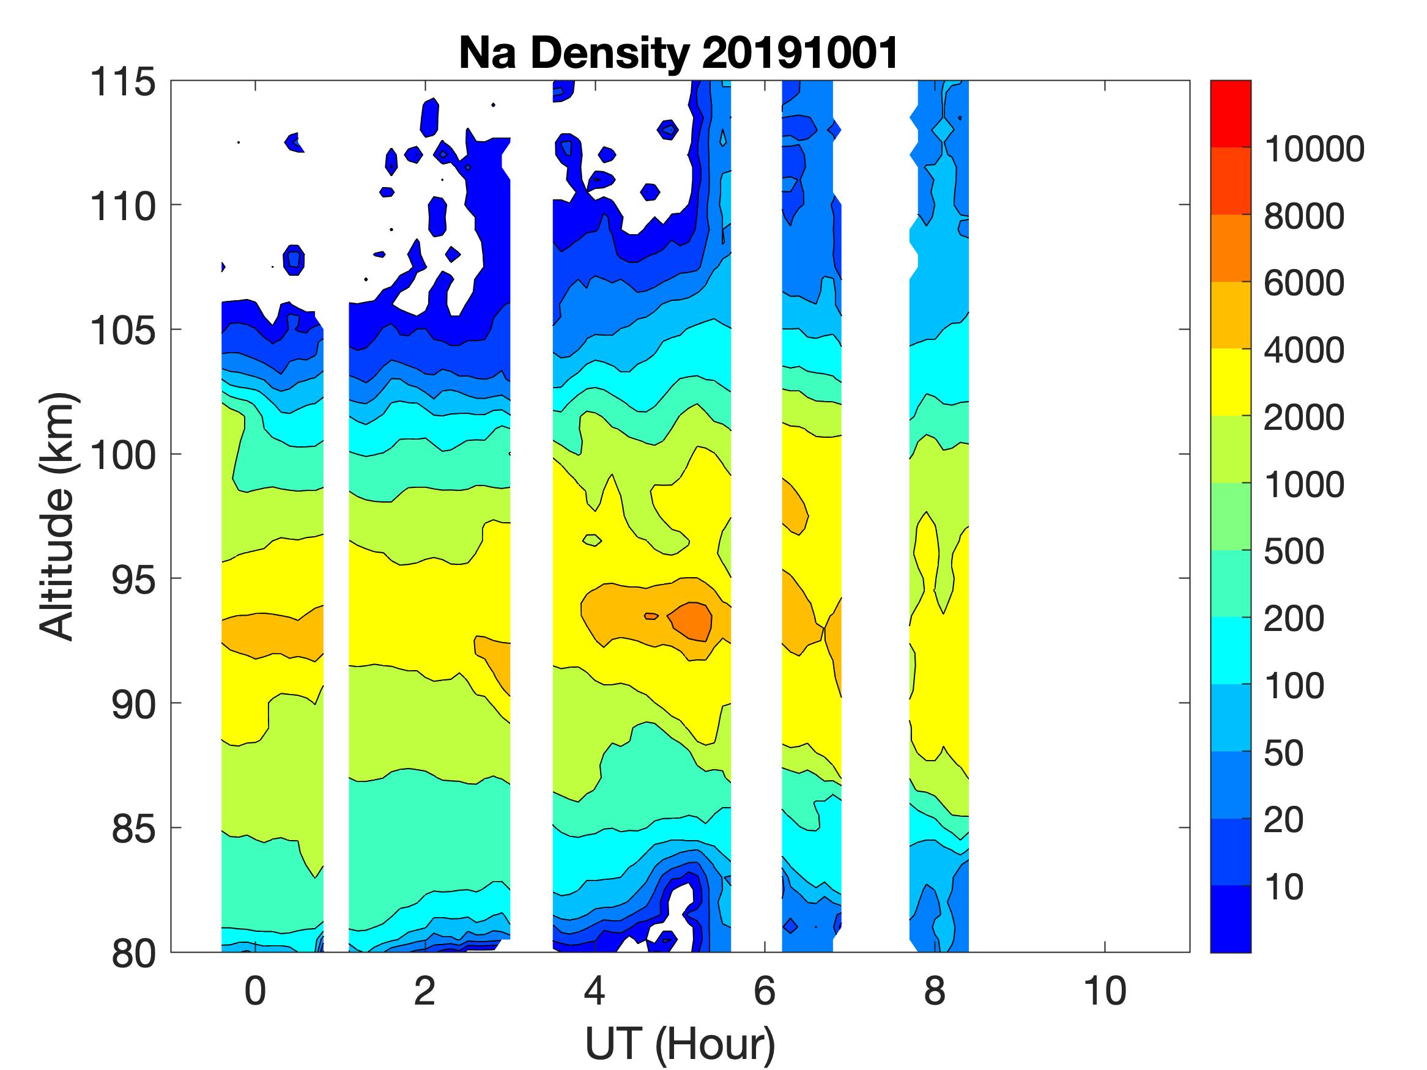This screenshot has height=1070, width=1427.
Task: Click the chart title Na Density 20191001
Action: pos(679,53)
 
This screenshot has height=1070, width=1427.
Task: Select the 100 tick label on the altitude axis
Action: pos(122,456)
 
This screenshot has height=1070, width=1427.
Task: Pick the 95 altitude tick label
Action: pos(134,580)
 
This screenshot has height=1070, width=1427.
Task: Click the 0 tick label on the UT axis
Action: pos(256,991)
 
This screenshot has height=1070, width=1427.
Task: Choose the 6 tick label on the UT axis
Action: pos(765,991)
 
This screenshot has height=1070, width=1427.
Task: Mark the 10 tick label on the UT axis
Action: pos(1105,991)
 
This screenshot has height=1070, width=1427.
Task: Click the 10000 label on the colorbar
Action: pos(1313,150)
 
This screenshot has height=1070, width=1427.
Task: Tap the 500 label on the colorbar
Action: pos(1294,552)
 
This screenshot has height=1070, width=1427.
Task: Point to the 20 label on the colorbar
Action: pos(1284,821)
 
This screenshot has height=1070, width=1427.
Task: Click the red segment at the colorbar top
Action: pos(1230,114)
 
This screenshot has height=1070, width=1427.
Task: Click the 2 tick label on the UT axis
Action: pos(424,991)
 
